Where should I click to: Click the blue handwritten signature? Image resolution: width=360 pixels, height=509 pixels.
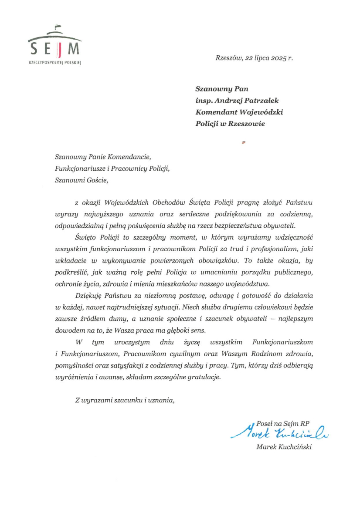pos(279,431)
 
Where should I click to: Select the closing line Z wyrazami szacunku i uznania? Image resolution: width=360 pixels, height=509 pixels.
pos(125,401)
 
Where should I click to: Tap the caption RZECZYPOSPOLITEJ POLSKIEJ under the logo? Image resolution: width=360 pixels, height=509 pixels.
pos(54,62)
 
